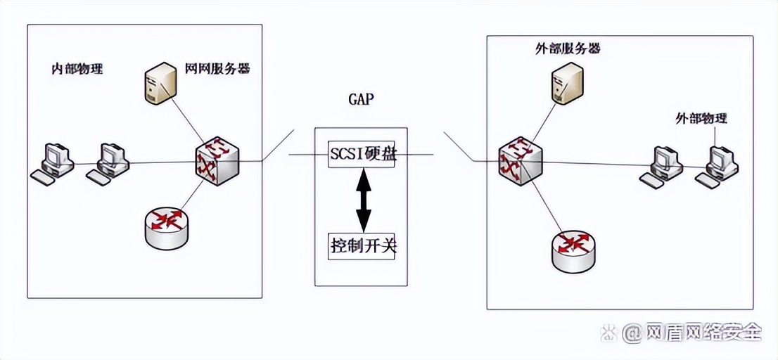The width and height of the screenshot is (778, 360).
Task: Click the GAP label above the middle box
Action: tap(361, 99)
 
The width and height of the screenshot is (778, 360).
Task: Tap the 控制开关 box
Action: tap(362, 246)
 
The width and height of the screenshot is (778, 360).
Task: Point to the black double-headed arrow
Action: tap(362, 200)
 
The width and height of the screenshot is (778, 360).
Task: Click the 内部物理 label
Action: tap(77, 69)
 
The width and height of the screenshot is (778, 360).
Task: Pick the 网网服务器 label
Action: tap(217, 69)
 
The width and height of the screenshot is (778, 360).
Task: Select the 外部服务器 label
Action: tap(567, 49)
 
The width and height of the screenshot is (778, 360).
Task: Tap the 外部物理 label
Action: tap(701, 118)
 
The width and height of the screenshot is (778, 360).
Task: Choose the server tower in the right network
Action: tap(567, 82)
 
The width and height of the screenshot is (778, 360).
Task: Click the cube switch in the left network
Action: tap(217, 162)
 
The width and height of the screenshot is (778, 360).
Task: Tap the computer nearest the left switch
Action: tap(110, 163)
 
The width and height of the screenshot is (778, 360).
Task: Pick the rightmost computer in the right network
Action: tap(718, 166)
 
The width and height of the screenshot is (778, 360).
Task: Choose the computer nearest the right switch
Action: tap(661, 166)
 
